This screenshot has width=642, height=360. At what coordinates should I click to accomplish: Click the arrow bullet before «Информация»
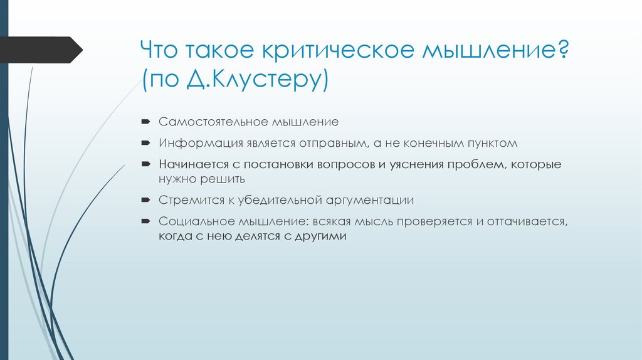click(x=145, y=142)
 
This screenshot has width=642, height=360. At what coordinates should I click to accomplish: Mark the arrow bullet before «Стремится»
click(x=145, y=201)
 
